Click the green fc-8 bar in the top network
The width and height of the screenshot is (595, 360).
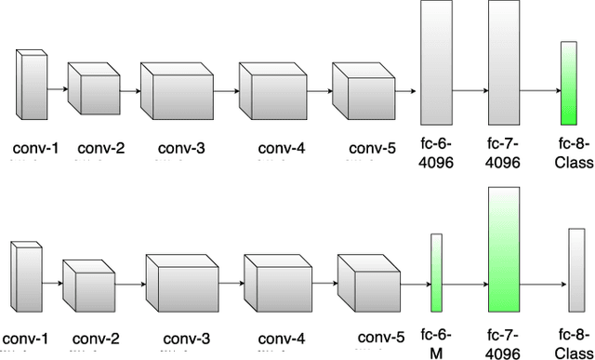point(568,84)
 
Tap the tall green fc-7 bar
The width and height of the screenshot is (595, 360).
point(501,249)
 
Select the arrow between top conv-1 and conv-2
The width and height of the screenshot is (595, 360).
point(58,89)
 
